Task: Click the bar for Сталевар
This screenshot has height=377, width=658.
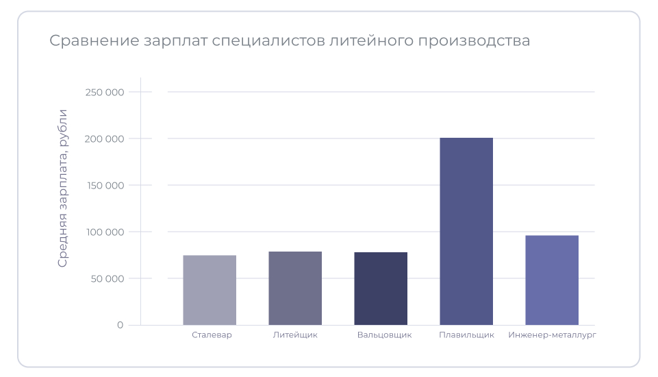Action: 210,290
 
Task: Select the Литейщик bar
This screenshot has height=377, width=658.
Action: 295,288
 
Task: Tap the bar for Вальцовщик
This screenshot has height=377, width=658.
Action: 381,289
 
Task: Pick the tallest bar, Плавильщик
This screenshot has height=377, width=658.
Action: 466,231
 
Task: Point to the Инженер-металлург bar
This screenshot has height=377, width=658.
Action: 552,280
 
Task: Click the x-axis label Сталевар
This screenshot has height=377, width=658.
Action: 212,335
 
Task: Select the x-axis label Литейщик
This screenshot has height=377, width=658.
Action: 295,335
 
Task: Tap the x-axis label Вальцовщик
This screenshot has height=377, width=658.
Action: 384,335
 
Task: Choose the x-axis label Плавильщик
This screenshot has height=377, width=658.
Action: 466,335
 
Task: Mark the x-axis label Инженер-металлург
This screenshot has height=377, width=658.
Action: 553,335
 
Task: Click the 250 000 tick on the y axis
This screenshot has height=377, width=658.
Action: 104,92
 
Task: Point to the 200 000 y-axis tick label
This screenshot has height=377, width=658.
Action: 104,138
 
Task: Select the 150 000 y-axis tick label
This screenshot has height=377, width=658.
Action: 104,185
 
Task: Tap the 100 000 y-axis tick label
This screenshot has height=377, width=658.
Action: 104,232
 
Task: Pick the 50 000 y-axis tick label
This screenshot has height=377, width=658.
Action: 107,278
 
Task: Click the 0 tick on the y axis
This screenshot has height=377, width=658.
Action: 120,325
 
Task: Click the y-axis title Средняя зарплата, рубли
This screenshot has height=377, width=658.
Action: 63,188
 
